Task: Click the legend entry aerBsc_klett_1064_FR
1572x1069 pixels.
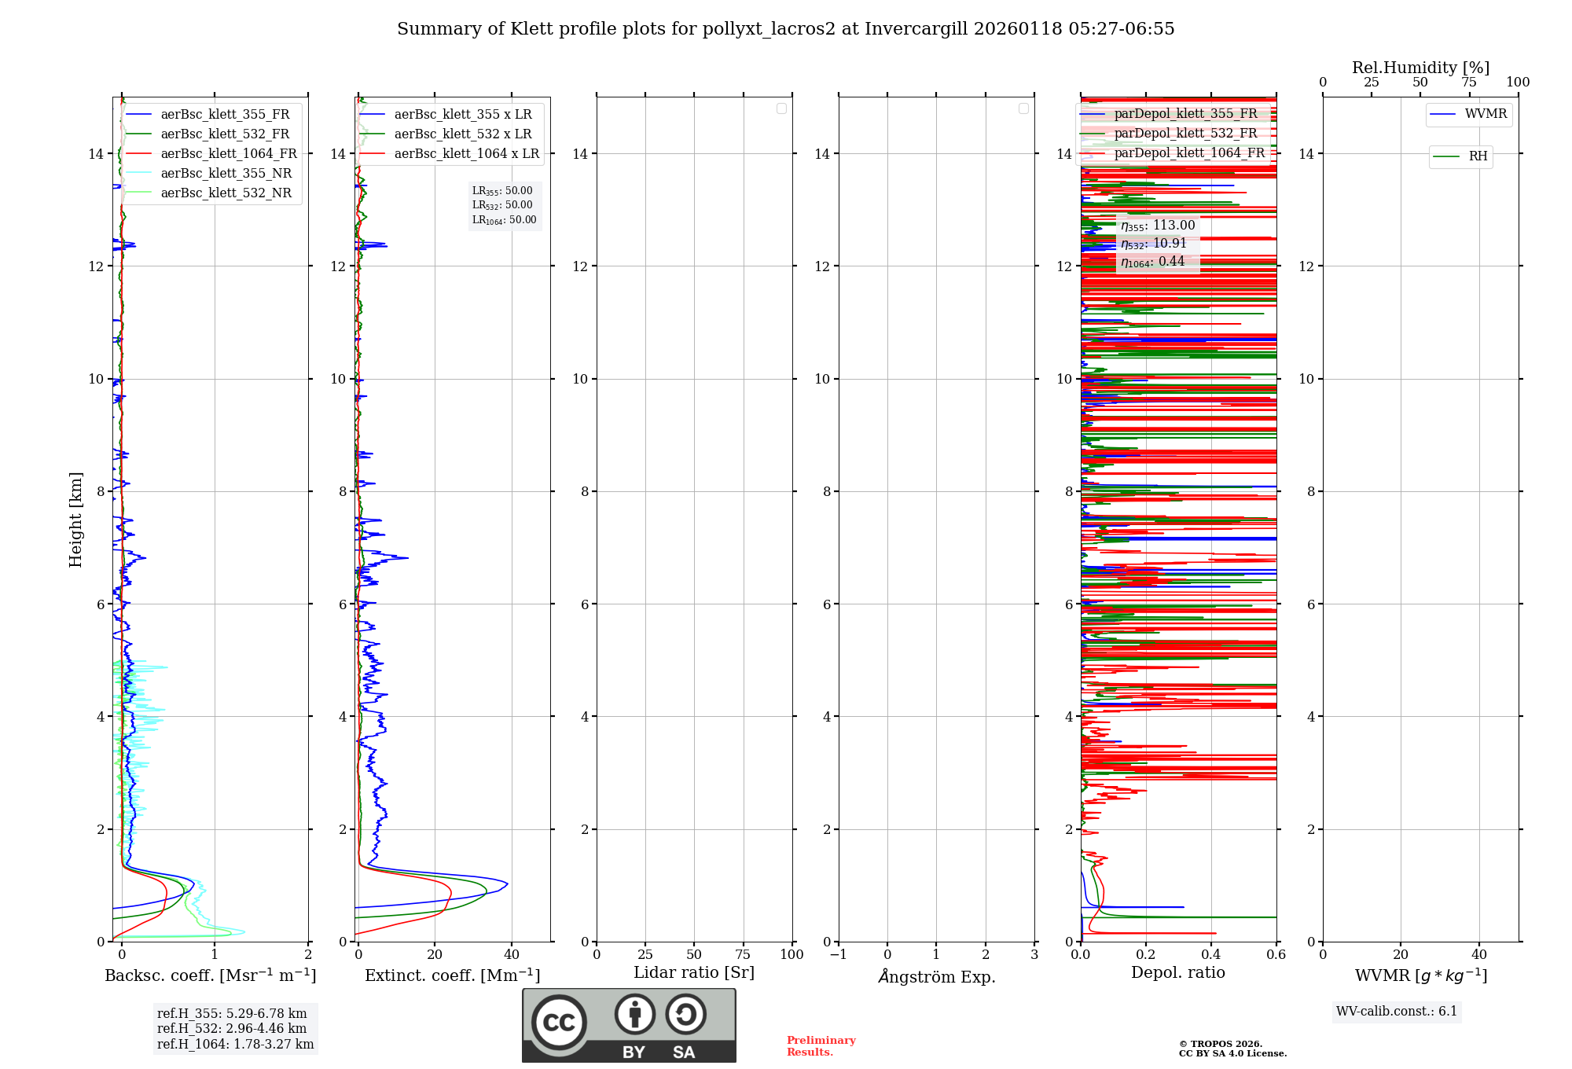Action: pos(229,154)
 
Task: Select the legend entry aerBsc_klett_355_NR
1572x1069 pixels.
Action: pos(226,174)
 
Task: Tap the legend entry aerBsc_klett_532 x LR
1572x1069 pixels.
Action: pos(462,134)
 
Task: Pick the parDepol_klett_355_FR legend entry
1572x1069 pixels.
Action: pos(1185,114)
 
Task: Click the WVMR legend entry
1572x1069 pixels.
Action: pos(1486,115)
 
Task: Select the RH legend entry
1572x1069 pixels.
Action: pos(1478,156)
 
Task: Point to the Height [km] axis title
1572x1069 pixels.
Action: pos(75,519)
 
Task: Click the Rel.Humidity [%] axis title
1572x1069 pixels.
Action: pos(1420,68)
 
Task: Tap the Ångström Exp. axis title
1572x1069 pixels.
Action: pos(936,977)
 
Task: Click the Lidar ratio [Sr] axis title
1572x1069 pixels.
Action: pos(694,973)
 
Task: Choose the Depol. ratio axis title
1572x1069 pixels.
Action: pos(1177,973)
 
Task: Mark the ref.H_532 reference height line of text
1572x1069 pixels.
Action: pos(232,1029)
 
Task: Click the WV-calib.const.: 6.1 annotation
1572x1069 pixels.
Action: pos(1397,1012)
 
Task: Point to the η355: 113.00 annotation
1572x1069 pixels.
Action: pos(1158,226)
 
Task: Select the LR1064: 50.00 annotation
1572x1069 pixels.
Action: pos(504,220)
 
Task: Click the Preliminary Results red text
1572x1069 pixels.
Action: pos(821,1046)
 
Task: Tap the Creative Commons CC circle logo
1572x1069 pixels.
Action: pos(559,1023)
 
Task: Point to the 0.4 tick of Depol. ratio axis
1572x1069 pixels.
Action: pos(1211,955)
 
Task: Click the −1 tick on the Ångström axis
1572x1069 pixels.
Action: pos(838,955)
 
